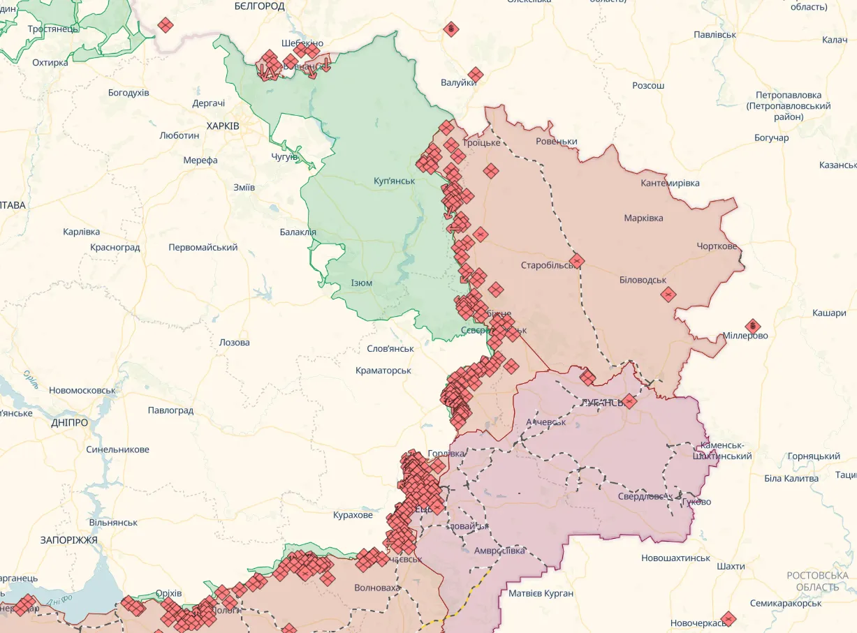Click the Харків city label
(223, 126)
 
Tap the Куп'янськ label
(394, 181)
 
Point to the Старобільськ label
(547, 265)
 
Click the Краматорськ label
(383, 371)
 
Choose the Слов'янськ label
(390, 348)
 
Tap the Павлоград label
(170, 410)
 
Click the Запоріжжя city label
(69, 540)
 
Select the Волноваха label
(378, 588)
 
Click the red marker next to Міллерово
(752, 325)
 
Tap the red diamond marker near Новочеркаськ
(728, 618)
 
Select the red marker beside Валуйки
(476, 75)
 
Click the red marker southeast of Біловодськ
(668, 295)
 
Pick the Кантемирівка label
(670, 184)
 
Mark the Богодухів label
(129, 93)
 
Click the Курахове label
(353, 515)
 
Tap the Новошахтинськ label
(675, 558)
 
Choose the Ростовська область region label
(817, 581)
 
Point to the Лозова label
(234, 343)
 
